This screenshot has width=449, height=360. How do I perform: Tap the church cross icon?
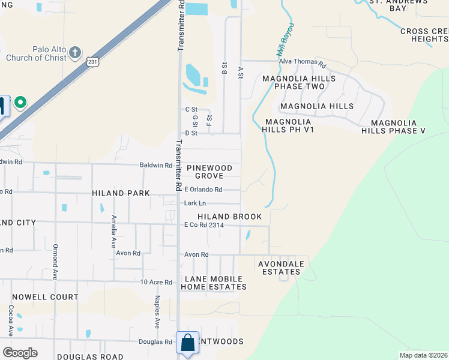(x=74, y=52)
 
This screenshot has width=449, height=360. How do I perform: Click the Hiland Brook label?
(x=231, y=217)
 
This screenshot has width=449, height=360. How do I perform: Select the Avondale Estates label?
(x=281, y=268)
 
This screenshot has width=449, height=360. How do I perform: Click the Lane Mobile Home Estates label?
(x=215, y=283)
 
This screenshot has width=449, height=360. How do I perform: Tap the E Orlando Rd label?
(x=203, y=190)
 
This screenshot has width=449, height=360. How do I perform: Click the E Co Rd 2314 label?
(x=203, y=225)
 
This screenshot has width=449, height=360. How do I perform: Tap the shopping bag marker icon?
(x=187, y=343)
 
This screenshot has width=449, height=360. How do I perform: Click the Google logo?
(x=20, y=353)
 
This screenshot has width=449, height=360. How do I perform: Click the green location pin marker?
(x=20, y=103)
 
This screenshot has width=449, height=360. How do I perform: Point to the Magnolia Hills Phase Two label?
(x=300, y=83)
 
